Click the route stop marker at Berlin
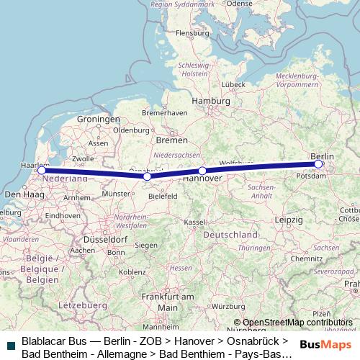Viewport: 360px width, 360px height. pyautogui.click(x=318, y=164)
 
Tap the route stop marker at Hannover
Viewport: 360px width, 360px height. pyautogui.click(x=202, y=171)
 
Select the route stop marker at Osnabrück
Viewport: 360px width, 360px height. pyautogui.click(x=147, y=176)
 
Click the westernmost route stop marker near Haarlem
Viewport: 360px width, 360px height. pyautogui.click(x=42, y=171)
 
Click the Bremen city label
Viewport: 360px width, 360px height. pyautogui.click(x=172, y=140)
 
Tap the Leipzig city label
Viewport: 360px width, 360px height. pyautogui.click(x=288, y=218)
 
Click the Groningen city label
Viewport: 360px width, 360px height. pyautogui.click(x=98, y=119)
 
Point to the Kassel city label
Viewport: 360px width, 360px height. pyautogui.click(x=195, y=222)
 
